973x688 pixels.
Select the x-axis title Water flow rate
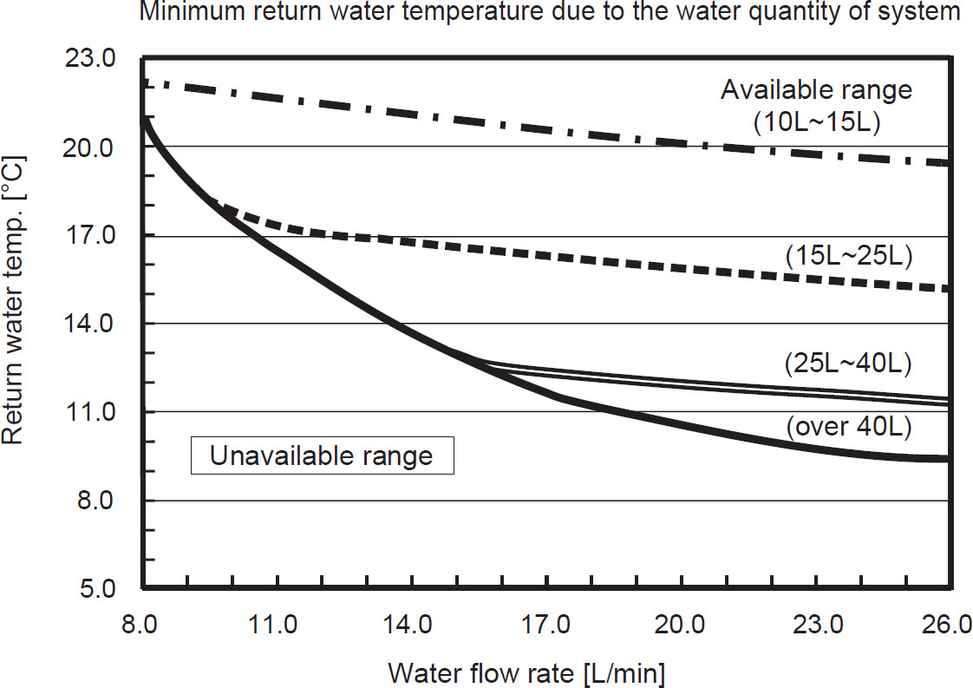527,672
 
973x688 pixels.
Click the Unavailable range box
323,455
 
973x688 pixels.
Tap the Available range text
817,89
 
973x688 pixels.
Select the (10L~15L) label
817,122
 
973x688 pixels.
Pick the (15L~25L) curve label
848,256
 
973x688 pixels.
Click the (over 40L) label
848,427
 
